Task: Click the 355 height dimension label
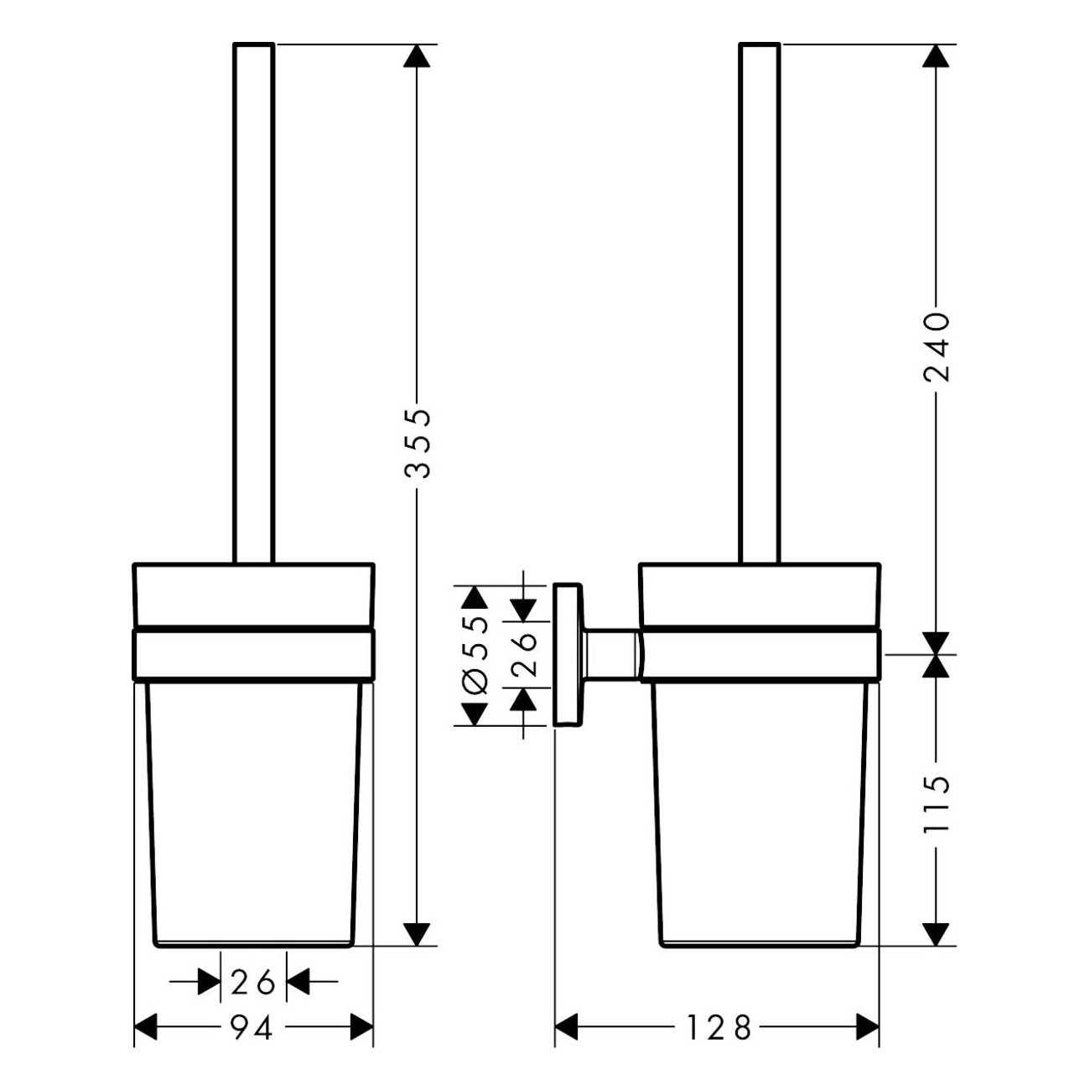[418, 444]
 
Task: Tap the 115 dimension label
[937, 804]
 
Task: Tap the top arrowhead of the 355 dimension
[417, 56]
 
